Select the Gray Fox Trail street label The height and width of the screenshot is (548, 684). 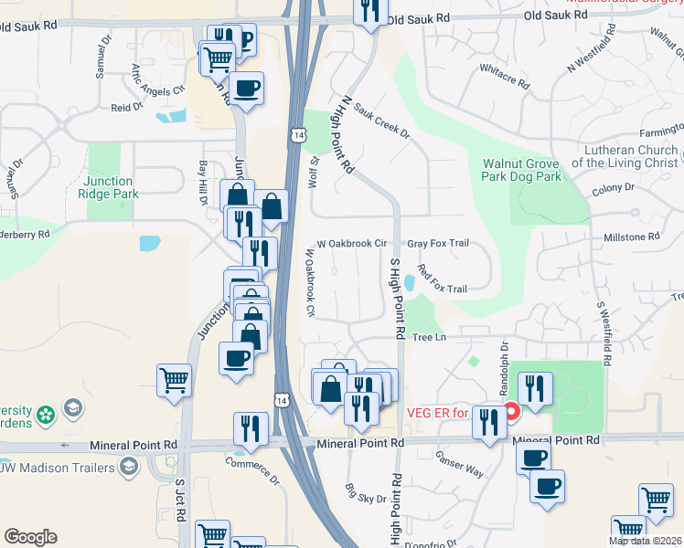pyautogui.click(x=438, y=244)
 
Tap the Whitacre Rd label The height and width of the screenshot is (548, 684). pyautogui.click(x=504, y=75)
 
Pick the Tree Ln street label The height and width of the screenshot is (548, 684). pyautogui.click(x=428, y=338)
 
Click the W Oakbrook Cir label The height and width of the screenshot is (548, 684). pyautogui.click(x=352, y=244)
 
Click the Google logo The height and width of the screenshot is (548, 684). pyautogui.click(x=30, y=536)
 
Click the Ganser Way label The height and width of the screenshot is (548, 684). pyautogui.click(x=459, y=464)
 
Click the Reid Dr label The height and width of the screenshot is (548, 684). pyautogui.click(x=127, y=107)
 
